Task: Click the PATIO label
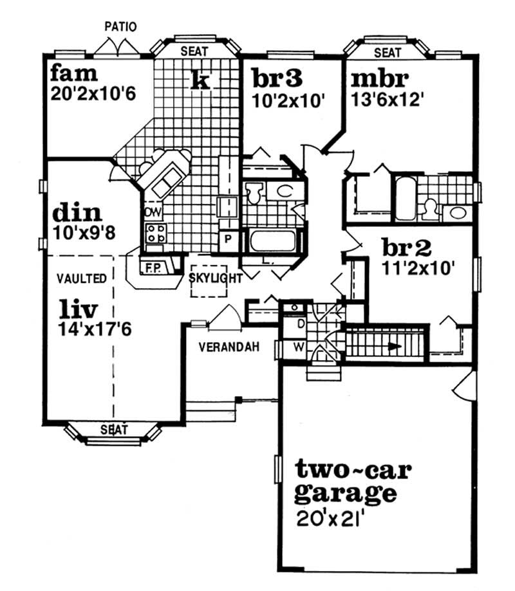pyautogui.click(x=120, y=27)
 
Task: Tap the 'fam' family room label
pyautogui.click(x=74, y=73)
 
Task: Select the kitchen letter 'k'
pyautogui.click(x=200, y=79)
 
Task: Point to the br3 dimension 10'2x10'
pyautogui.click(x=288, y=101)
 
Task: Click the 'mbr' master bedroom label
pyautogui.click(x=380, y=78)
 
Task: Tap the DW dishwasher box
pyautogui.click(x=153, y=213)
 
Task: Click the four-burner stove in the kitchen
pyautogui.click(x=156, y=233)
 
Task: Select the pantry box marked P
pyautogui.click(x=229, y=239)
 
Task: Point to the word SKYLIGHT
pyautogui.click(x=216, y=278)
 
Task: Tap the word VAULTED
pyautogui.click(x=82, y=278)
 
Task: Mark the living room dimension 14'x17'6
pyautogui.click(x=95, y=330)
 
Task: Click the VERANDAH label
pyautogui.click(x=229, y=347)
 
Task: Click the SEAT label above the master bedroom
pyautogui.click(x=388, y=52)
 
